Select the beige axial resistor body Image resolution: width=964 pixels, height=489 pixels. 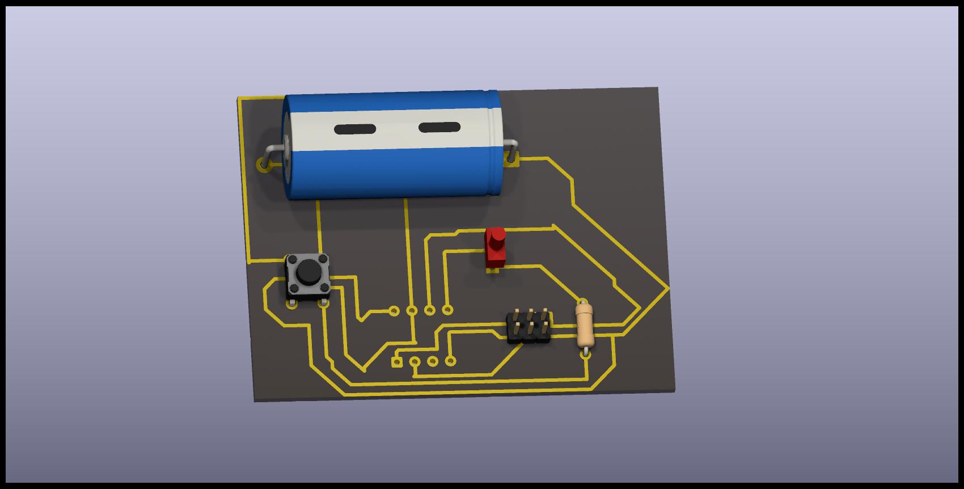[585, 325]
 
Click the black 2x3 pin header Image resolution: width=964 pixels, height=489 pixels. [528, 327]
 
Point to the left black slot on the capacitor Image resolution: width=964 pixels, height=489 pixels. [355, 129]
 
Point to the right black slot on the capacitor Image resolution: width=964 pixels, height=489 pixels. [439, 127]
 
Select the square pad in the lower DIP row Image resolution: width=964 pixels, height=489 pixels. [398, 362]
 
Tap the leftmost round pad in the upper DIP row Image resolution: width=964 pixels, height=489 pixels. [394, 310]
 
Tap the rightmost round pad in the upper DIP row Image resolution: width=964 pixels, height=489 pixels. [447, 309]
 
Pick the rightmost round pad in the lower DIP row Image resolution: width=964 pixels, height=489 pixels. [450, 360]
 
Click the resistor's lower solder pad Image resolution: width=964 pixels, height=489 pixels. [586, 355]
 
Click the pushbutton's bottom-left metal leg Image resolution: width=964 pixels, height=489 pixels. [291, 304]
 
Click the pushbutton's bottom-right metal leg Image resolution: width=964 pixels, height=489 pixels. [323, 303]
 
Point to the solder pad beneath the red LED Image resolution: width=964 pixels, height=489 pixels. [492, 271]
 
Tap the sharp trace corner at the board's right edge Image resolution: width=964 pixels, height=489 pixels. [668, 288]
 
